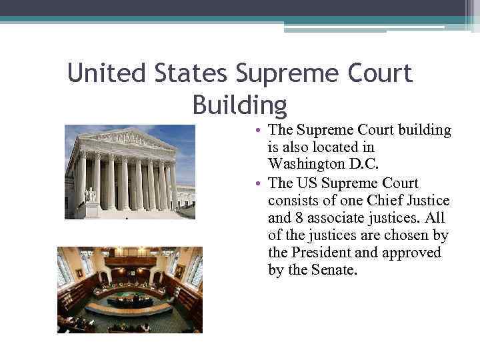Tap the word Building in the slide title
[x=239, y=105]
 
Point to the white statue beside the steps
[x=91, y=194]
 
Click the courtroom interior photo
[x=129, y=290]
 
